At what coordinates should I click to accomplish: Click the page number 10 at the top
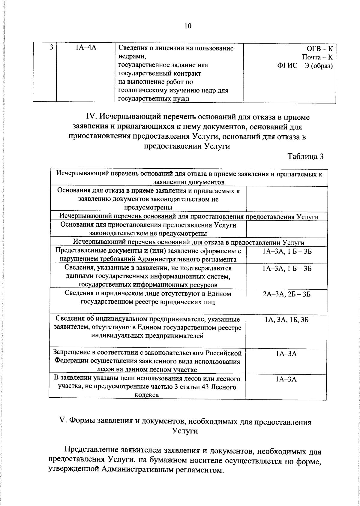(188, 26)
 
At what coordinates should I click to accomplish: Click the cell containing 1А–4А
(85, 48)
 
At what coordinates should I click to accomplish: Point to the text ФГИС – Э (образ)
(305, 66)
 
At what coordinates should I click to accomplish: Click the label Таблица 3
(305, 157)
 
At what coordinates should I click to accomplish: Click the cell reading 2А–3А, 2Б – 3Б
(286, 294)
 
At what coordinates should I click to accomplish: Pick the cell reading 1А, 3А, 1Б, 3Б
(286, 320)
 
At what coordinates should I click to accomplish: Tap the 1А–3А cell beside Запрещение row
(286, 354)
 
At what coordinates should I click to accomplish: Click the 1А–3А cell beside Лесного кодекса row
(286, 380)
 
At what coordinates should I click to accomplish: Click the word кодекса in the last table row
(147, 395)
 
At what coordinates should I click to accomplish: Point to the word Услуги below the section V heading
(185, 431)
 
